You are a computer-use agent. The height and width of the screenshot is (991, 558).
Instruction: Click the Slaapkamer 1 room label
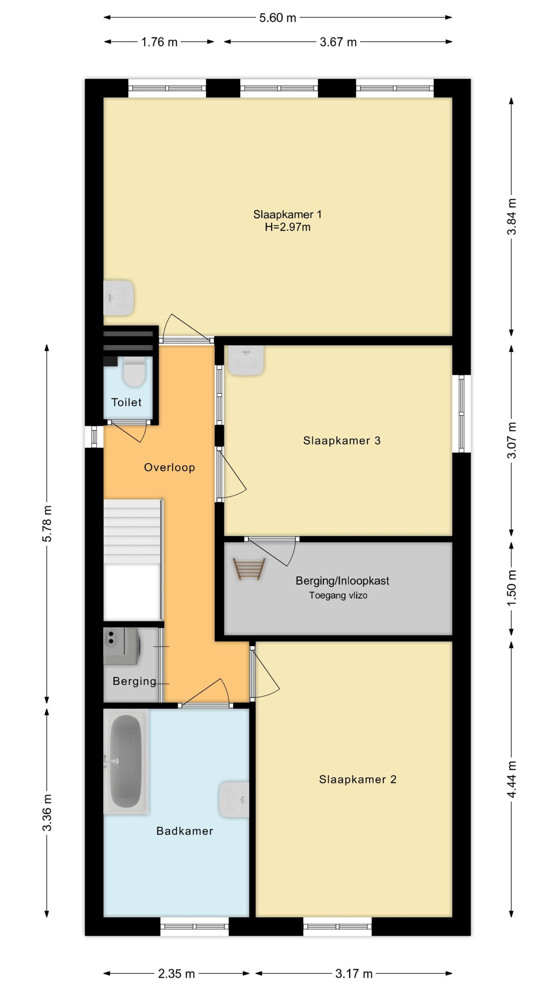click(287, 214)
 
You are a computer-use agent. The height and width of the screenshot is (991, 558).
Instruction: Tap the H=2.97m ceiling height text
click(288, 227)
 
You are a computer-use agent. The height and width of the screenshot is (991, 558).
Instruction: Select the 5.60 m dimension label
click(277, 18)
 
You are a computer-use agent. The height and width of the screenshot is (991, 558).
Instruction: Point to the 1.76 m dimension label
click(159, 42)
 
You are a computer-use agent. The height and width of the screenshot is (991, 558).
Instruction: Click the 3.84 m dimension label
click(511, 216)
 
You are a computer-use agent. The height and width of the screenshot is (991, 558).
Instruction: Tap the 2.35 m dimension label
click(176, 974)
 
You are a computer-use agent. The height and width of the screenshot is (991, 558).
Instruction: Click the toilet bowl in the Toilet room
click(134, 372)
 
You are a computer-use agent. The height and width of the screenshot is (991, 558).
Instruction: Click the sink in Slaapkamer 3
click(246, 360)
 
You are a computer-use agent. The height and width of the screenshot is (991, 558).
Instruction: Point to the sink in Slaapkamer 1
click(119, 298)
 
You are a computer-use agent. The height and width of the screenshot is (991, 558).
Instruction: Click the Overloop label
click(169, 467)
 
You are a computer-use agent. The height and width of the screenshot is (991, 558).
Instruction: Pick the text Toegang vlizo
click(338, 595)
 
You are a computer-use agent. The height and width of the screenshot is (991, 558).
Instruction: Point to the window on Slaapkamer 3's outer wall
click(462, 413)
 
